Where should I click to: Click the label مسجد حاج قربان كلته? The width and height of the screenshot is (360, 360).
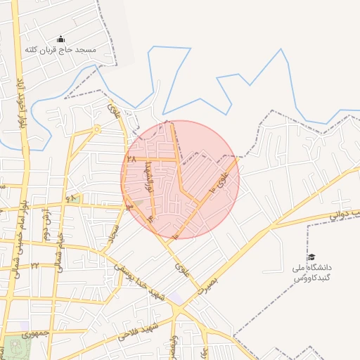pyautogui.click(x=60, y=50)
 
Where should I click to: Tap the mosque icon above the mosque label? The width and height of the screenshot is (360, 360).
pyautogui.click(x=60, y=39)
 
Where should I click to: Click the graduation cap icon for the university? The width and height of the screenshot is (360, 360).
pyautogui.click(x=311, y=257)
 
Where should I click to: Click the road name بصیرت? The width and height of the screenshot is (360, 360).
pyautogui.click(x=207, y=281)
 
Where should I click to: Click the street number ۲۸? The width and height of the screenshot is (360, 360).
pyautogui.click(x=130, y=160)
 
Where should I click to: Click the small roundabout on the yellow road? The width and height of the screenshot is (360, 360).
pyautogui.click(x=97, y=129)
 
